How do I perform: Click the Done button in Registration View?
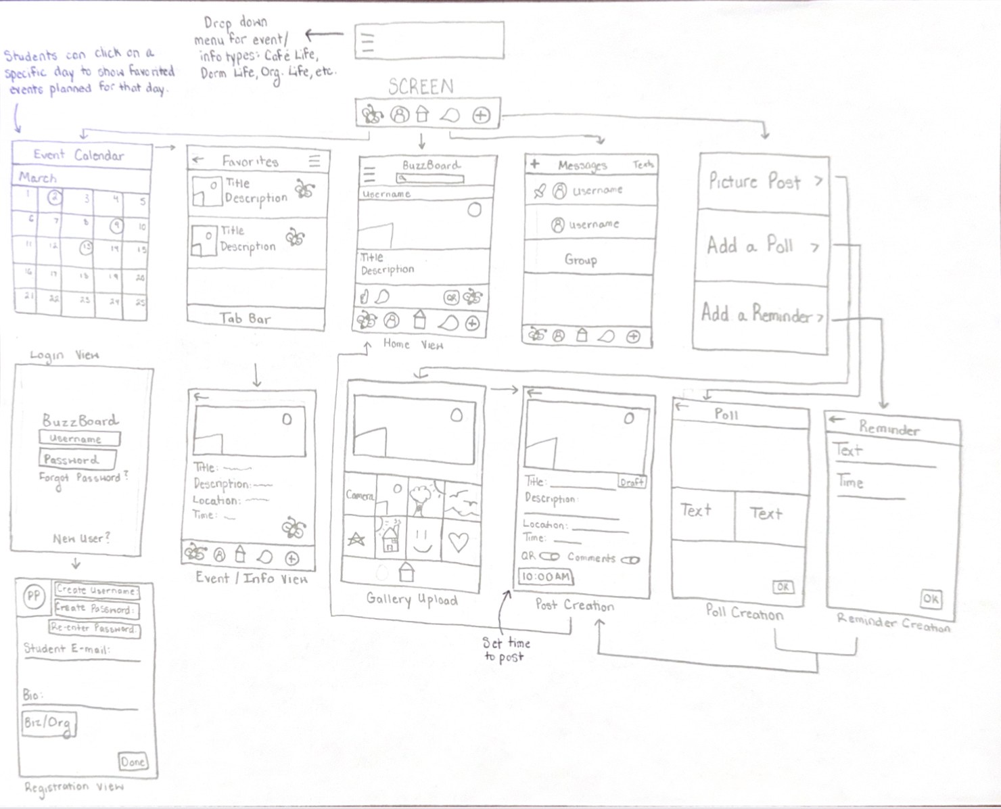[x=133, y=762]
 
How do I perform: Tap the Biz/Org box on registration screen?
[x=47, y=723]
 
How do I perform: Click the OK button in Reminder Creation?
[x=931, y=598]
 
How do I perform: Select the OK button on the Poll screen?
[x=783, y=586]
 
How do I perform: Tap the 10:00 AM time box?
[x=545, y=577]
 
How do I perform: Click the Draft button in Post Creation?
[x=632, y=482]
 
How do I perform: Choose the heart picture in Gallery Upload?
[x=459, y=542]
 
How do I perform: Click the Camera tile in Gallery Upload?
[x=360, y=496]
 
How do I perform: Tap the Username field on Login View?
[x=79, y=438]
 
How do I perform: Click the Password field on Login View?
[x=76, y=459]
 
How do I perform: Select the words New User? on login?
[x=81, y=539]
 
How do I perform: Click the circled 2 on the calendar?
[x=54, y=198]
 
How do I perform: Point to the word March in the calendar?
[x=38, y=178]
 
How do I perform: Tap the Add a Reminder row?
[x=761, y=315]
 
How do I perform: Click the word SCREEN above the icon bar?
[x=421, y=87]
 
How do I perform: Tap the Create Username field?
[x=96, y=591]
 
